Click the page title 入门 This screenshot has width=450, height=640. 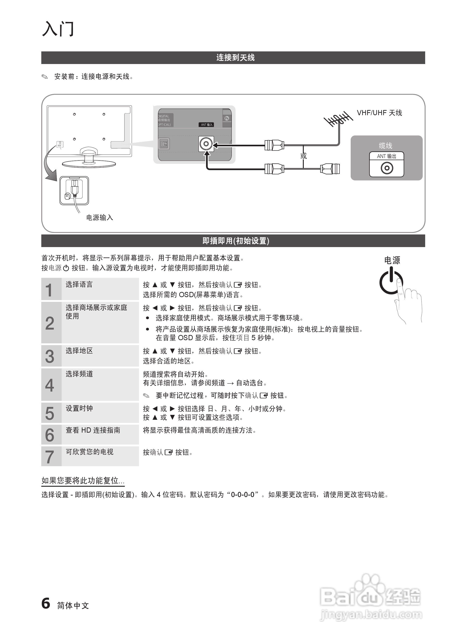click(58, 29)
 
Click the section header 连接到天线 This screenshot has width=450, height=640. click(235, 58)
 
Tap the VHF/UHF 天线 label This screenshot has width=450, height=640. click(379, 113)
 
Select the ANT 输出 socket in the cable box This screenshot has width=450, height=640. click(387, 168)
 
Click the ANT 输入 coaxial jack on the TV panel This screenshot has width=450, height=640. click(206, 144)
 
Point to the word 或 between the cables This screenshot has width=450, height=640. click(304, 156)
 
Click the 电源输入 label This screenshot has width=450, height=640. click(99, 217)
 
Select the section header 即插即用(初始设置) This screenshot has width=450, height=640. click(235, 241)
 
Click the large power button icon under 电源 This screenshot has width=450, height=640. click(391, 282)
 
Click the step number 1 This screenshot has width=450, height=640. click(49, 290)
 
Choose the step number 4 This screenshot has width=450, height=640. click(50, 385)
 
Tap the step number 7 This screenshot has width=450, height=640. click(50, 457)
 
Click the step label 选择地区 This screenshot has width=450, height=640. click(79, 351)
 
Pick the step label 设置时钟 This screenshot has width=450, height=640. click(79, 408)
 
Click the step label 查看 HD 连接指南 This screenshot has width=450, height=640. click(93, 430)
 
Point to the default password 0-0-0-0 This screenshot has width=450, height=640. click(242, 495)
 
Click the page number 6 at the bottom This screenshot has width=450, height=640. click(46, 603)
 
